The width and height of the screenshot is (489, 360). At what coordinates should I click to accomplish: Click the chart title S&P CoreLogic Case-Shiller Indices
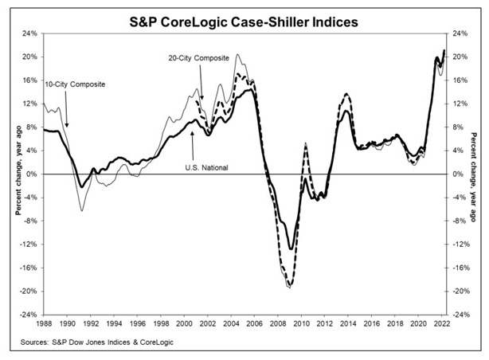pyautogui.click(x=244, y=18)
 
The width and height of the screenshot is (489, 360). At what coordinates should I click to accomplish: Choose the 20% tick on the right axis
pyautogui.click(x=457, y=57)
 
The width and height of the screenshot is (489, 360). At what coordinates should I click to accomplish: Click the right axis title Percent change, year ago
pyautogui.click(x=475, y=174)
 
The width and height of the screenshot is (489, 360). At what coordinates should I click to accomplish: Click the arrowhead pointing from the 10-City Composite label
pyautogui.click(x=67, y=125)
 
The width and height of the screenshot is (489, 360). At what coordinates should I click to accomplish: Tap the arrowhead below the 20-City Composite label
pyautogui.click(x=201, y=100)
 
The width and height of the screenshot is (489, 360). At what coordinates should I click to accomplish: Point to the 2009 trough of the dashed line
pyautogui.click(x=290, y=287)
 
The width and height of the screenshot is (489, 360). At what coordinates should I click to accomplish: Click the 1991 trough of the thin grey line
pyautogui.click(x=81, y=210)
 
